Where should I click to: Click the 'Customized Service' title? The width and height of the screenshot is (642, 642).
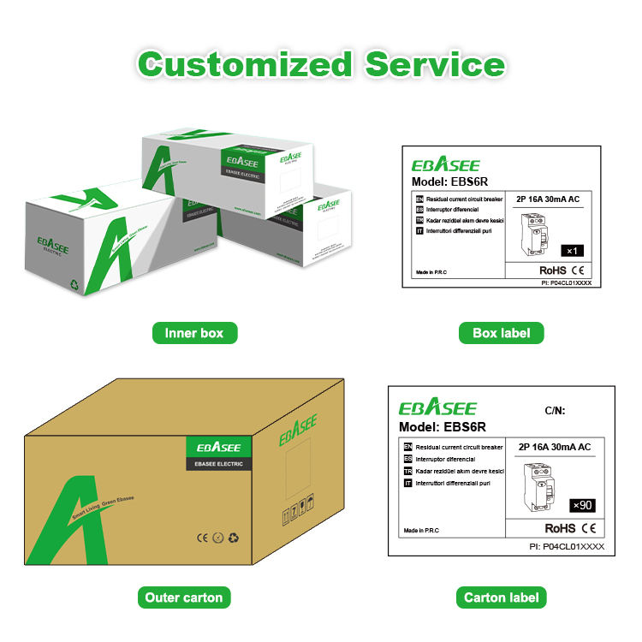coord(321,64)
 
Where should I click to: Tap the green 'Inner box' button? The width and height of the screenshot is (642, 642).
coord(194,333)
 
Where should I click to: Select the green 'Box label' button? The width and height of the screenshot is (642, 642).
coord(501,333)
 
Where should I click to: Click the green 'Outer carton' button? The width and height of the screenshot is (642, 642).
coord(184,597)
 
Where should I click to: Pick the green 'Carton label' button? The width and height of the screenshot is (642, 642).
coord(501,597)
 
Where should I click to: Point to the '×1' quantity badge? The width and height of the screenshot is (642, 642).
coord(573,251)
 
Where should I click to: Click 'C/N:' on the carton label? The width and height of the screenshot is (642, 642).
coord(556,411)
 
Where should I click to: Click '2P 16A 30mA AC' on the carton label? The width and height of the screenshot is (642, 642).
coord(555,447)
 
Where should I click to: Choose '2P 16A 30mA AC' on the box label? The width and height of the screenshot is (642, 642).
coord(548,199)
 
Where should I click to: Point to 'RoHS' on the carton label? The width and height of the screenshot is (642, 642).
coord(560,529)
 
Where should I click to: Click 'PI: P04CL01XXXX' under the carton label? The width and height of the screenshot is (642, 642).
coord(567,546)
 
